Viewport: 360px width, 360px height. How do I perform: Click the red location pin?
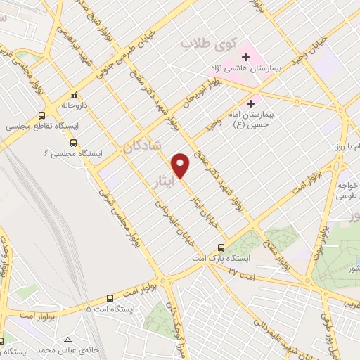[x=182, y=165]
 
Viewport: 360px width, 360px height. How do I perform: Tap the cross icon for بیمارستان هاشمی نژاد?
[x=246, y=56]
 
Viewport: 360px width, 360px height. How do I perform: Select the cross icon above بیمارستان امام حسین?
[x=250, y=102]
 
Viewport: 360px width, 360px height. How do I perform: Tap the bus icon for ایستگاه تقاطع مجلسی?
[x=43, y=115]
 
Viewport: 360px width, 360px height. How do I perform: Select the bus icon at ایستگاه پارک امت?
[x=221, y=247]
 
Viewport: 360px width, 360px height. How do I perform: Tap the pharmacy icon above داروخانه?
[x=74, y=94]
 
